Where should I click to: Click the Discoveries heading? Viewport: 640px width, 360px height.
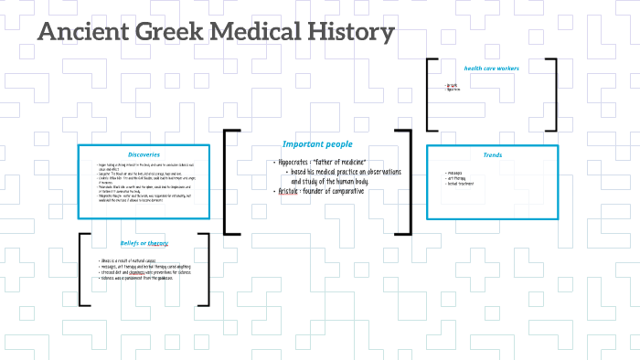point(144,154)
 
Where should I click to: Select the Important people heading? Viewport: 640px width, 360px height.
point(317,143)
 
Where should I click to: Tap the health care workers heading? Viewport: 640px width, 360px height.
point(491,68)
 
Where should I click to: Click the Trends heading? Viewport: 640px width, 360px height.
point(492,154)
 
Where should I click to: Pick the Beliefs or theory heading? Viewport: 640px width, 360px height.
point(144,243)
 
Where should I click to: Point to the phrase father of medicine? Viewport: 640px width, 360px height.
point(340,162)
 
